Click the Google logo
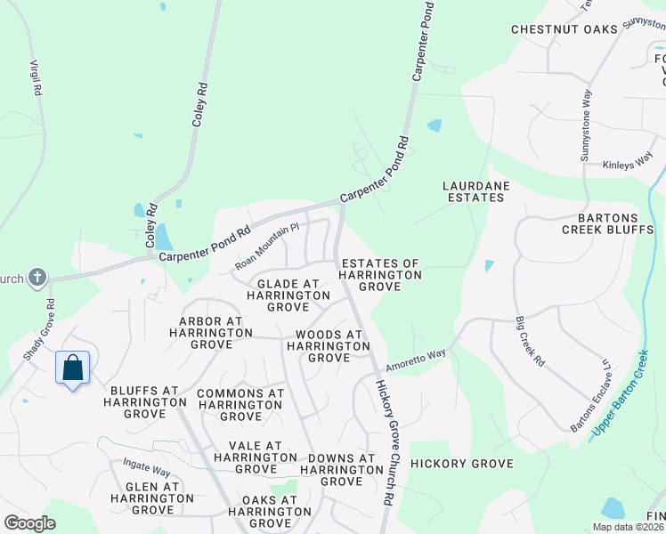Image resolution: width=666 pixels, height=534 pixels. pyautogui.click(x=29, y=523)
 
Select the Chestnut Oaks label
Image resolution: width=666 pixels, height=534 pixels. pyautogui.click(x=564, y=29)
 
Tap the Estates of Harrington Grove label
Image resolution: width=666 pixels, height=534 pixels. pyautogui.click(x=380, y=276)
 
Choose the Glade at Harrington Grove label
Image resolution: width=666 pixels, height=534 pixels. pyautogui.click(x=282, y=295)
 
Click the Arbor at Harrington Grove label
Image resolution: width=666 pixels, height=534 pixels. pyautogui.click(x=210, y=332)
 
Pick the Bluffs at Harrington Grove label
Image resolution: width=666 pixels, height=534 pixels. pyautogui.click(x=146, y=402)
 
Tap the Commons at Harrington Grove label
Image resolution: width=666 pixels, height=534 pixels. pyautogui.click(x=240, y=404)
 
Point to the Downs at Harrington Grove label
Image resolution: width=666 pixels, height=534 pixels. pyautogui.click(x=341, y=470)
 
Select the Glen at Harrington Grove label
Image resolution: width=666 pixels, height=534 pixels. pyautogui.click(x=142, y=498)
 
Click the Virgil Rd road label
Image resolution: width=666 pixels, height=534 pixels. pyautogui.click(x=37, y=78)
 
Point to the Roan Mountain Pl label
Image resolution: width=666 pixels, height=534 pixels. pyautogui.click(x=268, y=247)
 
